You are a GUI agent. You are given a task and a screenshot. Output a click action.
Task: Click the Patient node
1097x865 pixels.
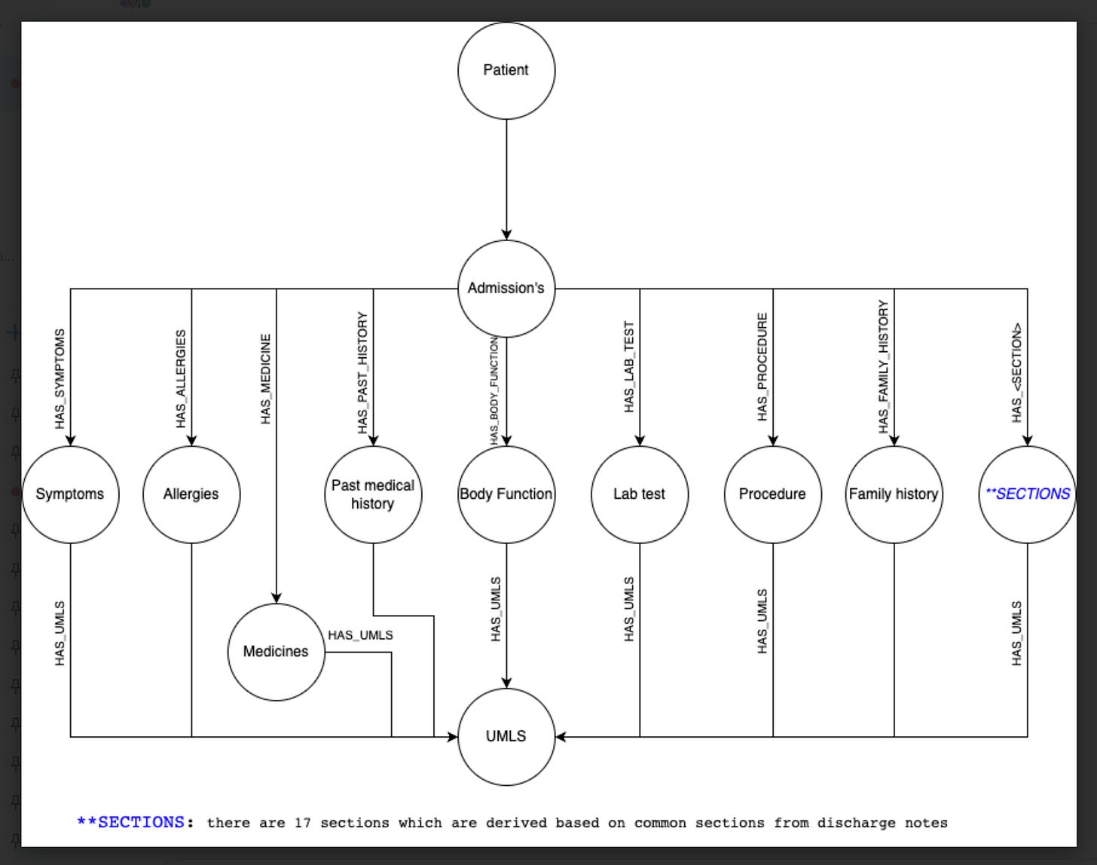pos(506,70)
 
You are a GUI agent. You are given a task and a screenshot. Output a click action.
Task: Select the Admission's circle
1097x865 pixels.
pos(506,288)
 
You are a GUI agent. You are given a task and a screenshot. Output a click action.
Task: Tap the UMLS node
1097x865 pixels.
pos(506,736)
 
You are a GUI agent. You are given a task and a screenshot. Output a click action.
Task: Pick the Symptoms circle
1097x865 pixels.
pos(70,494)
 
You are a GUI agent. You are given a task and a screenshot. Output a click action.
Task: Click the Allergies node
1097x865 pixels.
pos(191,494)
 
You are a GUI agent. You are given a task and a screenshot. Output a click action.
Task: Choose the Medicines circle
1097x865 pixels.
pos(276,652)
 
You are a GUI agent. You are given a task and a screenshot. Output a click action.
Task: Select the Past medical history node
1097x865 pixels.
pos(373,494)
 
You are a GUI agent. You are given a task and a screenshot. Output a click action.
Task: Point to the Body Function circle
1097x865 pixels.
pos(506,494)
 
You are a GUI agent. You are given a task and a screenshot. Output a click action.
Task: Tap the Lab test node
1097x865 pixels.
pos(640,494)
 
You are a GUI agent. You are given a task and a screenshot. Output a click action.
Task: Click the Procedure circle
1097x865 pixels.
pos(772,494)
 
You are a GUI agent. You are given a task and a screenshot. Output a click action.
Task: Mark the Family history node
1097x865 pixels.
pos(894,494)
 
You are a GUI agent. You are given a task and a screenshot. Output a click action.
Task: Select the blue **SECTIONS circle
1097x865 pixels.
pos(1028,494)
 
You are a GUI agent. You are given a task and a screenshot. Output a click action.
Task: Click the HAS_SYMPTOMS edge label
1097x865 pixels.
pos(60,379)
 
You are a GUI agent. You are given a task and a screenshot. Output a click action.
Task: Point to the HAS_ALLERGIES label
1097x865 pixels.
pos(181,379)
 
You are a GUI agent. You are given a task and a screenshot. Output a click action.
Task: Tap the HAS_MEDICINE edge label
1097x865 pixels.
pos(266,379)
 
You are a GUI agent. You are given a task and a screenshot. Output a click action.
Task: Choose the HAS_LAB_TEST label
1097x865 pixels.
pos(629,367)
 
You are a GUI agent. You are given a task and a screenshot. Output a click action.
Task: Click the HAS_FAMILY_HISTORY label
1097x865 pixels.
pos(884,367)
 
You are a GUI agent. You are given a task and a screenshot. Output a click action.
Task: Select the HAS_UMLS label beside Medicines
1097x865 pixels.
pos(360,635)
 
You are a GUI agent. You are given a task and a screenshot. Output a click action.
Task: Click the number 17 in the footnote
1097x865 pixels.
pos(302,823)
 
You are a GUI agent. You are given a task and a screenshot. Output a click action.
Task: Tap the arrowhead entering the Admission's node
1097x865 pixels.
pos(506,234)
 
